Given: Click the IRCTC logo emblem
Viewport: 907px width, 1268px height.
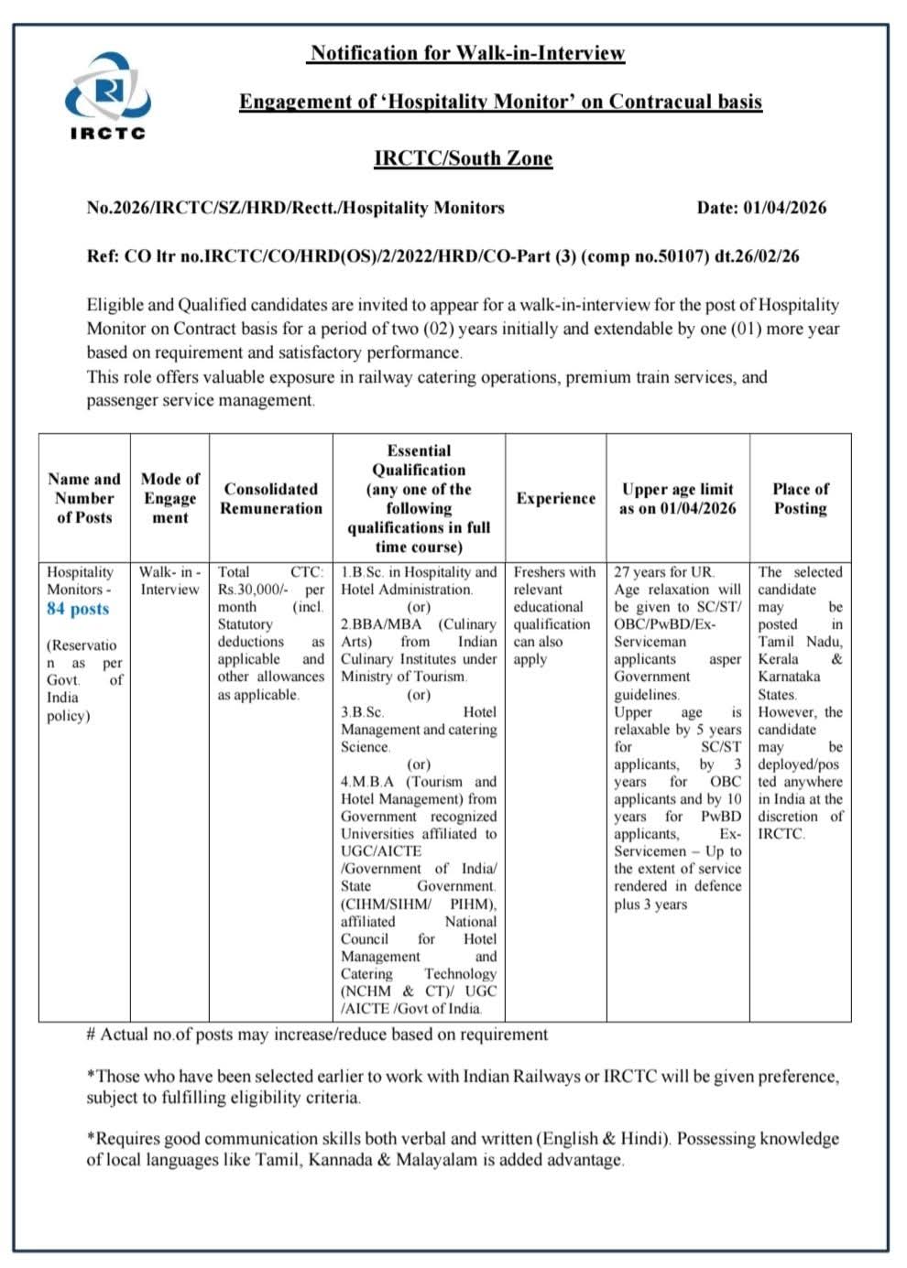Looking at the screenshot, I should pos(108,88).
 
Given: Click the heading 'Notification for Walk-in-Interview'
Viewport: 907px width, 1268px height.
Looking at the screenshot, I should pos(467,53).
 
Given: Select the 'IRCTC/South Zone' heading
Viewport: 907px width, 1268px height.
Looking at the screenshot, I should pos(463,158).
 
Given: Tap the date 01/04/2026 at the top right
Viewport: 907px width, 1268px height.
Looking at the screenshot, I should pos(784,208).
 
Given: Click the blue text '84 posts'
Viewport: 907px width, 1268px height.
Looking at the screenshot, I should pos(78,609).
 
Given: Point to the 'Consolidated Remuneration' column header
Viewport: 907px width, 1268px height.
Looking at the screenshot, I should pos(271,499).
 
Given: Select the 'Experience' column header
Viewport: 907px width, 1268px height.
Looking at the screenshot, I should pos(555,499).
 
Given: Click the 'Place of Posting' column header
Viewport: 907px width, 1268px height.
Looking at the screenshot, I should pos(800,499).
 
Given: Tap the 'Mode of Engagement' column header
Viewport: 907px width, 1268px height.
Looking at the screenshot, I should pos(170,498).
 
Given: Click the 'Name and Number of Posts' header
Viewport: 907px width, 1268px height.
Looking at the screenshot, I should pos(84,498).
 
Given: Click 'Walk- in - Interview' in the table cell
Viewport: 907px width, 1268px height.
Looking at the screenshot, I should pos(169,580).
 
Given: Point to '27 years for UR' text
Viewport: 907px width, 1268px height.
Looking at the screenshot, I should pos(663,572).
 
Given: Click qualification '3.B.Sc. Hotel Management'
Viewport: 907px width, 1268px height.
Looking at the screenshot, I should pos(419,721).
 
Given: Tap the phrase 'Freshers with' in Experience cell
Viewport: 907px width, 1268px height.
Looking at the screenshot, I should pos(554,572).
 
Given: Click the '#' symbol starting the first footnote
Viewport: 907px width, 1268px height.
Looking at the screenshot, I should pos(91,1035).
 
